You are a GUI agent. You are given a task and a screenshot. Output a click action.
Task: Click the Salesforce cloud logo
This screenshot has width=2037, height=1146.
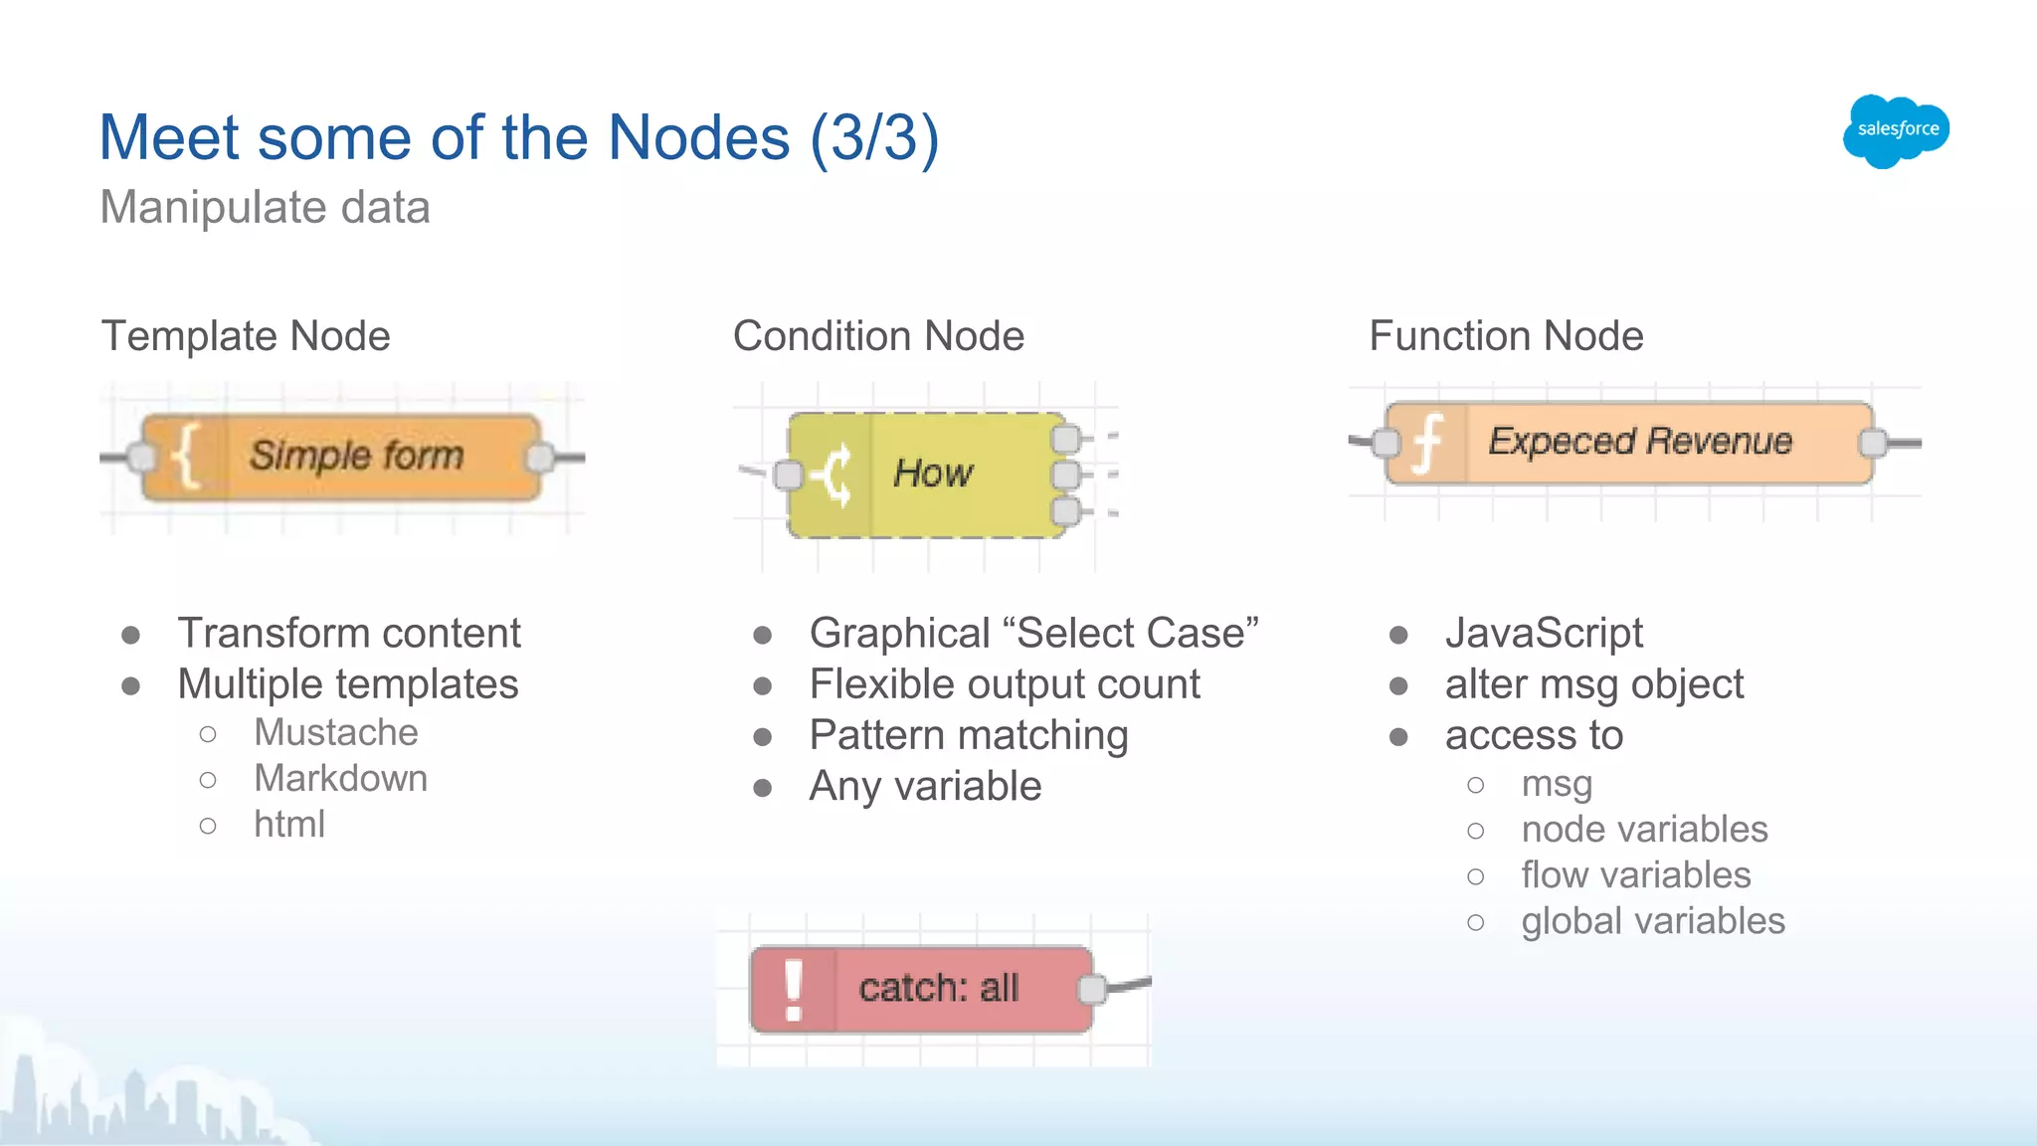[x=1896, y=130]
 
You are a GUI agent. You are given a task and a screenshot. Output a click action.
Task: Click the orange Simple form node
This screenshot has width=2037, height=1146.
[x=341, y=457]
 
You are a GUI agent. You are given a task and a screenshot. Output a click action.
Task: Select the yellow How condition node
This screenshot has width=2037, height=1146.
[x=926, y=475]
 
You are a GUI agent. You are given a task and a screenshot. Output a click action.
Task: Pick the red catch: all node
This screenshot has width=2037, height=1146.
[x=922, y=989]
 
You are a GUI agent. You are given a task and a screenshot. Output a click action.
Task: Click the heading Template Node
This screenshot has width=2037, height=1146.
[x=246, y=336]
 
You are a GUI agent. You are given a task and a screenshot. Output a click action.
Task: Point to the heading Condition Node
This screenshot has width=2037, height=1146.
[x=878, y=336]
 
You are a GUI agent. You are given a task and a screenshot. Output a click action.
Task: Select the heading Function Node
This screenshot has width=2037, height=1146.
[x=1506, y=336]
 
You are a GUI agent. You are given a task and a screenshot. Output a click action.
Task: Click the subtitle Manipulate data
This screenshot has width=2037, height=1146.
[x=266, y=208]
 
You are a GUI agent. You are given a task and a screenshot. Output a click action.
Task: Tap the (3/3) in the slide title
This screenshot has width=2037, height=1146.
[x=874, y=137]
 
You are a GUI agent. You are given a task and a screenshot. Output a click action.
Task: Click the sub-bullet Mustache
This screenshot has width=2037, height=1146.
[x=336, y=732]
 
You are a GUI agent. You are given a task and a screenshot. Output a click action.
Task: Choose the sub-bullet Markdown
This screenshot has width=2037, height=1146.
[x=340, y=778]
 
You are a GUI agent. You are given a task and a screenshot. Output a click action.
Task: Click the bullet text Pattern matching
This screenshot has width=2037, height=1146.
[x=969, y=735]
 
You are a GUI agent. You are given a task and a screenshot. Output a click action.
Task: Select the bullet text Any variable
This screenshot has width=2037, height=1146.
[x=925, y=786]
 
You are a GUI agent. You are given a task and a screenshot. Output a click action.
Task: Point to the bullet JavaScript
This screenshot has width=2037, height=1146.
[x=1544, y=633]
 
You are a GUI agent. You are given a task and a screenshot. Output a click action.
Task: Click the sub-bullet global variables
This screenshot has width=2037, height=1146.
[x=1652, y=921]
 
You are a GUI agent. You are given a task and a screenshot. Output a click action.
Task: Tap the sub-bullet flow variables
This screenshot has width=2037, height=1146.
[x=1635, y=875]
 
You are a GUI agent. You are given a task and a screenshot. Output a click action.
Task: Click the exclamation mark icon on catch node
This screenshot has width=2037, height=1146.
[x=793, y=990]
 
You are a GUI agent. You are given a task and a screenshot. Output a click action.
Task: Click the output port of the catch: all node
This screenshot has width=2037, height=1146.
[x=1092, y=989]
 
